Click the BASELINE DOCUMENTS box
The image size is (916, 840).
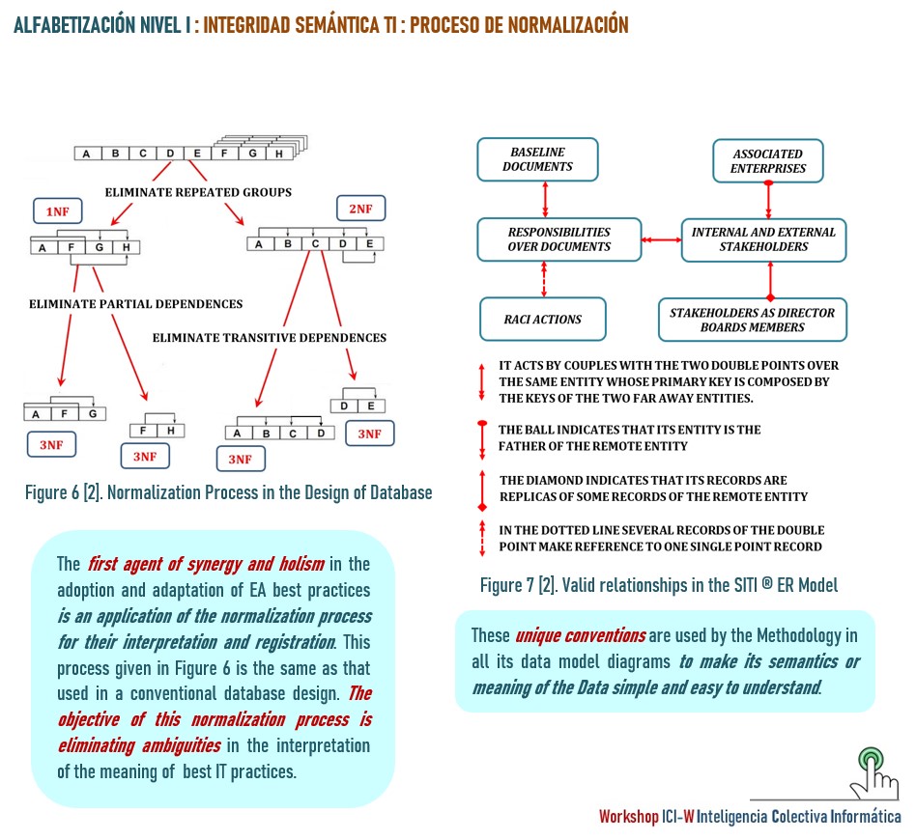[538, 159]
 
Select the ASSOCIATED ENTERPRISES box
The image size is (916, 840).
[767, 160]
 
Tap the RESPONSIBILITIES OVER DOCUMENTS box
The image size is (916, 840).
[558, 239]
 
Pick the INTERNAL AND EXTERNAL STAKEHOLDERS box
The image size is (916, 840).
[763, 239]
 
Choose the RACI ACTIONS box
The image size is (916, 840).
[543, 320]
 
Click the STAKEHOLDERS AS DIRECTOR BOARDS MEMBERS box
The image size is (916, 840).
[752, 320]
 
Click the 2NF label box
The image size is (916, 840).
[360, 208]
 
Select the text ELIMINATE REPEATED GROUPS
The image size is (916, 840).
[198, 192]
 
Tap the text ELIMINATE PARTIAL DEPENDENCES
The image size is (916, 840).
[135, 304]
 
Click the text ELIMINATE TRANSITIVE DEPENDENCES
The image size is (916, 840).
[270, 338]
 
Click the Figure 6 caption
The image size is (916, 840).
[228, 493]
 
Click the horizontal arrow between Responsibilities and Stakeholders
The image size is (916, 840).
[661, 238]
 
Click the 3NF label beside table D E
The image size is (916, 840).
[369, 434]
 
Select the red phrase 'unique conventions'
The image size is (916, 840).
[580, 636]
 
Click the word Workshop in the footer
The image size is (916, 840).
[628, 817]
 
